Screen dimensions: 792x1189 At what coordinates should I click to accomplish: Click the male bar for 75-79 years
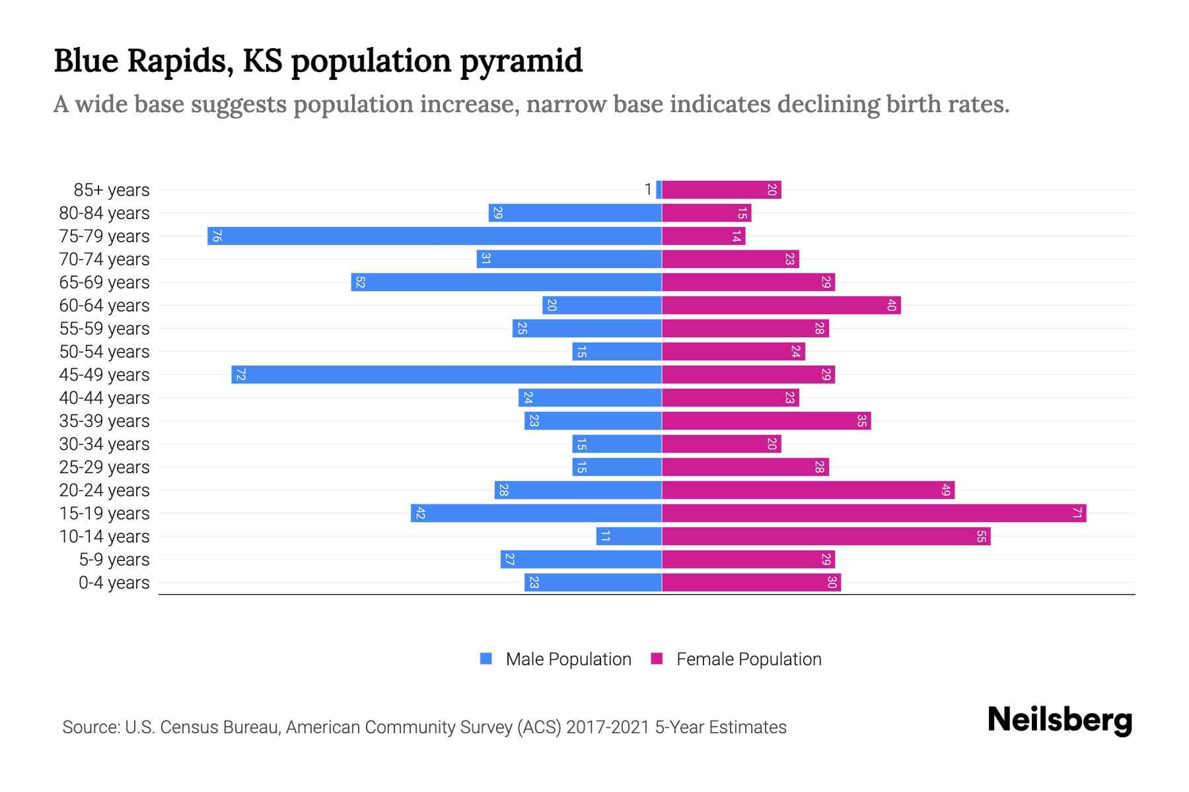(435, 236)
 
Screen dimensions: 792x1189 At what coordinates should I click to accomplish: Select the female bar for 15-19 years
(873, 513)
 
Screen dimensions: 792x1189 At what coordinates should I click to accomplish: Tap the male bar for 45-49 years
(447, 375)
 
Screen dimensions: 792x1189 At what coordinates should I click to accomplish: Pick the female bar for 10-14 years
(826, 537)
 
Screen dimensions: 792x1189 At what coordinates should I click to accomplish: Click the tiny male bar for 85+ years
(659, 190)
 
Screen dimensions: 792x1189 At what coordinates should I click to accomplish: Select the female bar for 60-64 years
(781, 306)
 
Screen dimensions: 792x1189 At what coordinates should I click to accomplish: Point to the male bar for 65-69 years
(506, 282)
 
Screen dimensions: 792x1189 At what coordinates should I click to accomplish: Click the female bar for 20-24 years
(807, 490)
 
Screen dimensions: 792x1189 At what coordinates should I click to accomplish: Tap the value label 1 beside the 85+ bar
(648, 190)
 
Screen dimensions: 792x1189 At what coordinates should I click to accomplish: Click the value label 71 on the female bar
(1077, 513)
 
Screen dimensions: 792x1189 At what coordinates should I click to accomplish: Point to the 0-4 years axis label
(114, 583)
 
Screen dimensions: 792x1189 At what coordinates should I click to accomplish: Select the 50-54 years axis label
(104, 352)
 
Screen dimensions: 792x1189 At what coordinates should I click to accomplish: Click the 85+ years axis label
(111, 190)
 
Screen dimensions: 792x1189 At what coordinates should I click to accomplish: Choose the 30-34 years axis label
(104, 444)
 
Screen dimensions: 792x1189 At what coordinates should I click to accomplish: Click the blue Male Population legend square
(486, 659)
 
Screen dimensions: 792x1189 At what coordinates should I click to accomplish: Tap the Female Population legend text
(748, 659)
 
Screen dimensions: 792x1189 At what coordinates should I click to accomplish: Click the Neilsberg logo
(1060, 720)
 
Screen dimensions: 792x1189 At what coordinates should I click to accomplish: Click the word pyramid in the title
(521, 61)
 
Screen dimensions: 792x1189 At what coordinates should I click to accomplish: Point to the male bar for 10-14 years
(629, 537)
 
